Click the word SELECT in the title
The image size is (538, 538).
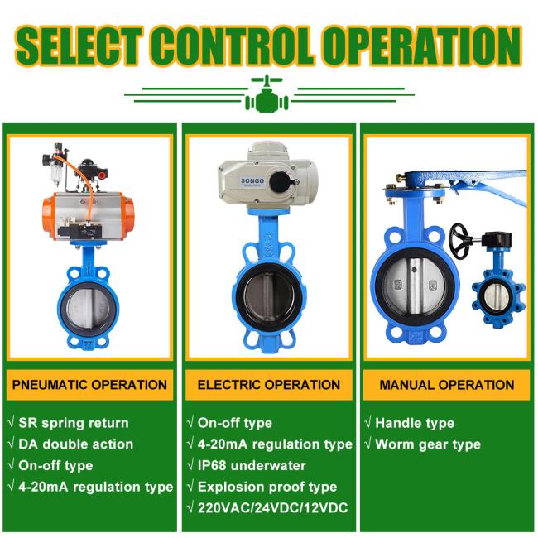[x=79, y=46]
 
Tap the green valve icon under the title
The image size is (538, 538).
[x=267, y=94]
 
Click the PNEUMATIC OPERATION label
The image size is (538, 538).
[x=89, y=385]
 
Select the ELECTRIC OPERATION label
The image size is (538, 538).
[x=269, y=385]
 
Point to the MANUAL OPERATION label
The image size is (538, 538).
[x=447, y=385]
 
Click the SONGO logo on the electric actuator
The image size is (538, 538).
[x=252, y=180]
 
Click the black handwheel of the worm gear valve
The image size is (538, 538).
[x=460, y=241]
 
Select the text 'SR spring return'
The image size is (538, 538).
[x=74, y=423]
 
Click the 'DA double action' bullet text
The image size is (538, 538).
[x=75, y=444]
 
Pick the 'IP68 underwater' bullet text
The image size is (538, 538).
[x=252, y=466]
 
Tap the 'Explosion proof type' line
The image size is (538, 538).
[x=267, y=487]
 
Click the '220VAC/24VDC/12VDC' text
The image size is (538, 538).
[x=273, y=508]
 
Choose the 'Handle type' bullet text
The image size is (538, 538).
[x=415, y=423]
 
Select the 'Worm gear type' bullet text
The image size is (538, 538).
[x=428, y=444]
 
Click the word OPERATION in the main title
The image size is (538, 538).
[x=421, y=46]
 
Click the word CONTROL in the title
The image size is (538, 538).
[x=233, y=46]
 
